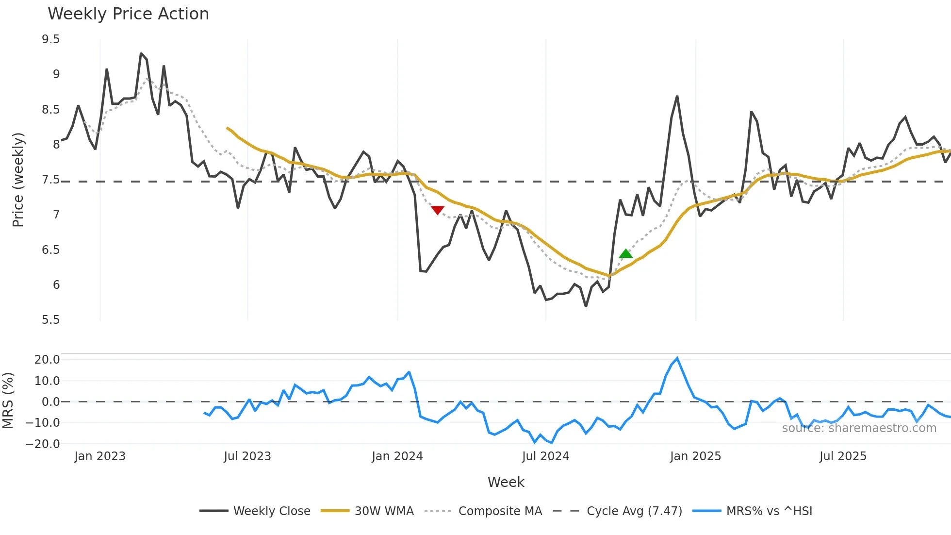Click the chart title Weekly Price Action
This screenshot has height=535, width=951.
(x=128, y=14)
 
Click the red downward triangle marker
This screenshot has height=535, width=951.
(x=438, y=210)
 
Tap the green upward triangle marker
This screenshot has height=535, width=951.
(x=626, y=253)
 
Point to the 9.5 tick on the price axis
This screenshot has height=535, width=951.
(x=51, y=39)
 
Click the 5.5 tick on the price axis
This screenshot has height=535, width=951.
(x=51, y=320)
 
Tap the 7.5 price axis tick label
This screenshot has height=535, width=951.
(x=51, y=180)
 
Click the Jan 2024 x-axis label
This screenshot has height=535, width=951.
(x=397, y=456)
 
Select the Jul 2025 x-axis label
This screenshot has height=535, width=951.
(x=843, y=456)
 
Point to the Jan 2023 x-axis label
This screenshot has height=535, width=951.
(x=100, y=456)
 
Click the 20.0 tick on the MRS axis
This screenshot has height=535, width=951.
(x=47, y=360)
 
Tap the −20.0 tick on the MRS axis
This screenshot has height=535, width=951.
(x=43, y=444)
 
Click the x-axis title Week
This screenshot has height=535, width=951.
(x=506, y=482)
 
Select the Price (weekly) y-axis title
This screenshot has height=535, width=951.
(x=18, y=180)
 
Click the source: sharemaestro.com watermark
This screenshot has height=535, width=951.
(x=859, y=428)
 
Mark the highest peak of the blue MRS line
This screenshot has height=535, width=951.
(x=677, y=359)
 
